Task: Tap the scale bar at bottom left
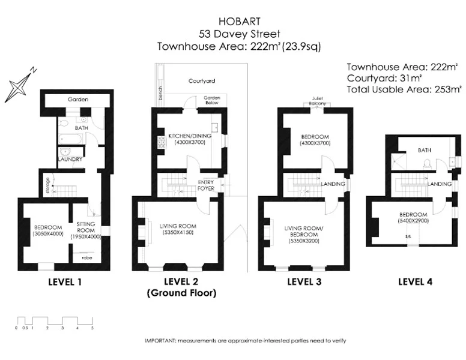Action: (x=54, y=320)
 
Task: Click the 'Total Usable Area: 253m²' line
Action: (x=404, y=89)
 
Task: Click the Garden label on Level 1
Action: (x=76, y=100)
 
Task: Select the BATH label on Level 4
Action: (x=425, y=151)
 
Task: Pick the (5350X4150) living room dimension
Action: (x=177, y=232)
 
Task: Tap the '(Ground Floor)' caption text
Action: (x=181, y=293)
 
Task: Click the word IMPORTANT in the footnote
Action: (x=159, y=341)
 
